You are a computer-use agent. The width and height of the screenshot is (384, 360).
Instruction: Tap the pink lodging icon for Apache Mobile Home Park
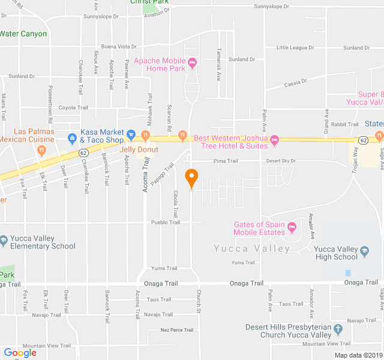pos(192,62)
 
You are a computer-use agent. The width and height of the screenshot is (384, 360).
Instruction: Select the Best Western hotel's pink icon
pos(275,141)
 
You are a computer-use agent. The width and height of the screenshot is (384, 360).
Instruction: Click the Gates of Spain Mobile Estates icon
pos(292,227)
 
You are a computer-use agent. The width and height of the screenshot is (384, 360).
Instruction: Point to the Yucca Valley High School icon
pos(364,250)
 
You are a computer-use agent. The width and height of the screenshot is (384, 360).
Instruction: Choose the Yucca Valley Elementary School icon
pos(4,240)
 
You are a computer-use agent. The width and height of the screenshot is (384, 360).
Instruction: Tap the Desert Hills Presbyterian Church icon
pos(338,329)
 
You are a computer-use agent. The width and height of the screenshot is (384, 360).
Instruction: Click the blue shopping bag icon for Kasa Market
pos(72,138)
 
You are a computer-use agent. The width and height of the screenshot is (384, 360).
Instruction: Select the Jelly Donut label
pos(139,149)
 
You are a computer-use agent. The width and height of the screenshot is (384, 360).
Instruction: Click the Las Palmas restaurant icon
pos(41,150)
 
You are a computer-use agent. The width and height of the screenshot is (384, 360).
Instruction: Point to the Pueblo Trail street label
pos(165,222)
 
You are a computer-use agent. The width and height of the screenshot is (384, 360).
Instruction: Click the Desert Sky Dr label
pos(281,161)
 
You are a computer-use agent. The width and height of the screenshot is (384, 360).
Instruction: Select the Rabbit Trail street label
pos(344,124)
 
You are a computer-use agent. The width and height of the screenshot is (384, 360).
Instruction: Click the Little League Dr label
pos(295,47)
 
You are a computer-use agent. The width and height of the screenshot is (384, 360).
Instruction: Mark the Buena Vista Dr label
pos(119,46)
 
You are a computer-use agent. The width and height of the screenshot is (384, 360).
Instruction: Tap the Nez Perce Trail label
pos(177,330)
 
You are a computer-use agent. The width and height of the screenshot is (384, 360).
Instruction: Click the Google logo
pos(20,353)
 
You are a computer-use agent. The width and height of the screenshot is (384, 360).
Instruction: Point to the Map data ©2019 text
pos(358,355)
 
